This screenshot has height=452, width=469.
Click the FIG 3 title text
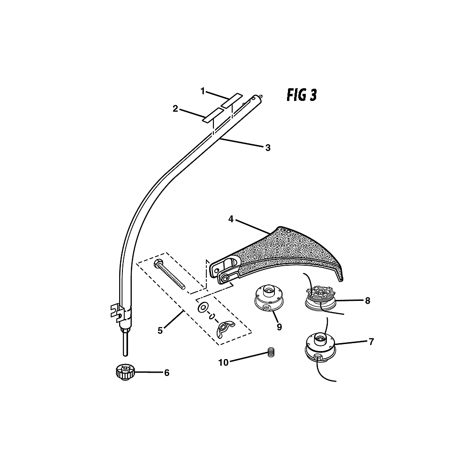302,96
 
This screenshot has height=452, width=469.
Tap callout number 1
203,91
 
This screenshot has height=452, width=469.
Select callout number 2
175,109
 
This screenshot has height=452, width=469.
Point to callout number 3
268,147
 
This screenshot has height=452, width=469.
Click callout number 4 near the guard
231,219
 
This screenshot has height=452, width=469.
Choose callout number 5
160,331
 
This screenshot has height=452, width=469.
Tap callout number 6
166,373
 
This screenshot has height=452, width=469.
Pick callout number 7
371,342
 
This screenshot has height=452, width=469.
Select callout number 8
368,300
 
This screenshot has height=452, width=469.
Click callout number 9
279,327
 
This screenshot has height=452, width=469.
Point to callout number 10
223,362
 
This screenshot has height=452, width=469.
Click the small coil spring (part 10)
271,352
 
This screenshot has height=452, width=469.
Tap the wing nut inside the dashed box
226,329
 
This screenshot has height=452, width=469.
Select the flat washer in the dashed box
204,307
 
